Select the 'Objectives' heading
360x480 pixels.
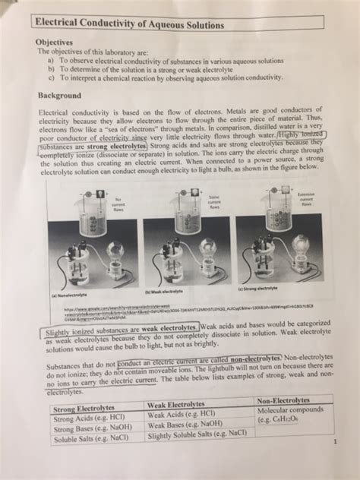point(55,43)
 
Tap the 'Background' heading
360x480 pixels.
point(61,96)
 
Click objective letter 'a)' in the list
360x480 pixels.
point(51,60)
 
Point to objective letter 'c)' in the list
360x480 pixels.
point(51,77)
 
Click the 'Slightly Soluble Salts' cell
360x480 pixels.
point(197,434)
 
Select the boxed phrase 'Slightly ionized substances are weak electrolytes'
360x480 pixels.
point(107,330)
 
